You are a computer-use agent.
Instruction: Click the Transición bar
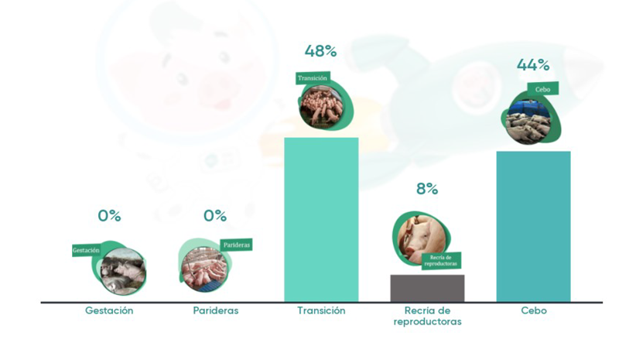tap(321, 220)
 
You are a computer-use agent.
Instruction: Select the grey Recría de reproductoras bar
tap(428, 289)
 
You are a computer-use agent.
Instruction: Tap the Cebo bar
tap(533, 227)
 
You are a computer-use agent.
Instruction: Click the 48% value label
tap(320, 51)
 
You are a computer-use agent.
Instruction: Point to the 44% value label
tap(533, 64)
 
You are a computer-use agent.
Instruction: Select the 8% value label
tap(427, 189)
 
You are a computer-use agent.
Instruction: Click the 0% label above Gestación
tap(109, 216)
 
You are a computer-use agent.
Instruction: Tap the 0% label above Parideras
tap(215, 216)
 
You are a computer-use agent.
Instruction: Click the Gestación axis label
tap(109, 310)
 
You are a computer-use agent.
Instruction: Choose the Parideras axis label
tap(216, 310)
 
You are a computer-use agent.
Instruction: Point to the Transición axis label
tap(321, 310)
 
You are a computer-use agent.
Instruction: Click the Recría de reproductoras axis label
tap(428, 316)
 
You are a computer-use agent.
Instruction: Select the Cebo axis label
tap(534, 310)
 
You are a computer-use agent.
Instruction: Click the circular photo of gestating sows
tap(123, 272)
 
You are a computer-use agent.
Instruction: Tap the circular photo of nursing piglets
tap(204, 269)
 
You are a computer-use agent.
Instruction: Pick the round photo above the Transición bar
tap(321, 108)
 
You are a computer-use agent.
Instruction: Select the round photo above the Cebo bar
tap(528, 122)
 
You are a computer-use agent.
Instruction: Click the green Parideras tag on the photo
tap(237, 245)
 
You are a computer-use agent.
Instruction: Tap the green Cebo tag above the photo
tap(543, 89)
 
